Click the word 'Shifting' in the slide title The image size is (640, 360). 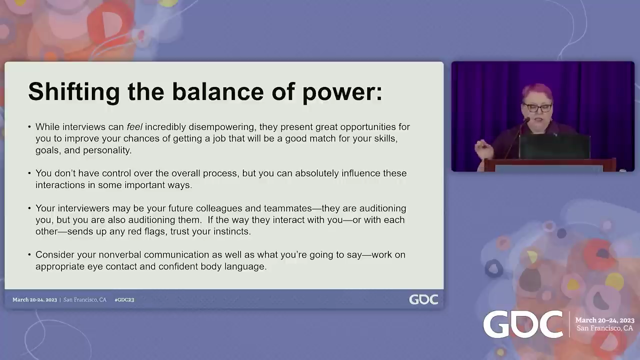click(x=73, y=92)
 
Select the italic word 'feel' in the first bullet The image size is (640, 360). click(x=134, y=126)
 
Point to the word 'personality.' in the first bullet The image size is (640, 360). click(x=107, y=150)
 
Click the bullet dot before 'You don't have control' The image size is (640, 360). click(x=29, y=173)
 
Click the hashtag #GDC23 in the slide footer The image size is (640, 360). click(x=124, y=299)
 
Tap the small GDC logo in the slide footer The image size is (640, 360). click(x=423, y=299)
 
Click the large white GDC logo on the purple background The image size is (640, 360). click(x=523, y=324)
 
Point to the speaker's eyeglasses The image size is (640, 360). click(x=537, y=107)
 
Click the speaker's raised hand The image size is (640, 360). click(x=483, y=149)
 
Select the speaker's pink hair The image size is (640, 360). click(x=537, y=92)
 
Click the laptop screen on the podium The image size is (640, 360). click(x=554, y=146)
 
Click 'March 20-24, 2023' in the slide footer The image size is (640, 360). click(x=34, y=299)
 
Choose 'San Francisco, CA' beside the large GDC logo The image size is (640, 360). click(x=604, y=328)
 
